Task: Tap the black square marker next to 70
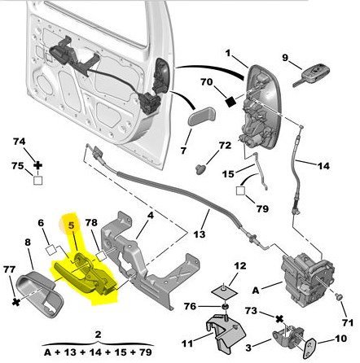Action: tap(231, 102)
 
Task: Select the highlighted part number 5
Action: tap(71, 225)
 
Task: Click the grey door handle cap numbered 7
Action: tap(201, 116)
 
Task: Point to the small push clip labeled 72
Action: tap(200, 169)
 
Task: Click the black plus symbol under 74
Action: tap(38, 165)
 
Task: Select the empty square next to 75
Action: tap(38, 180)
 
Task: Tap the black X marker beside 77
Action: tap(16, 302)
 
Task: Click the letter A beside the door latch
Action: tap(256, 291)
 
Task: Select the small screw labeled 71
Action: tap(338, 297)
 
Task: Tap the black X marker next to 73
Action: tap(279, 319)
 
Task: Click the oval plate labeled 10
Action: tap(310, 348)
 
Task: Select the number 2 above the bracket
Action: tap(98, 335)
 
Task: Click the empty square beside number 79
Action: tap(240, 190)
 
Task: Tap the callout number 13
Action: tap(200, 234)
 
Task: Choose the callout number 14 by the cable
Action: tap(323, 165)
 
